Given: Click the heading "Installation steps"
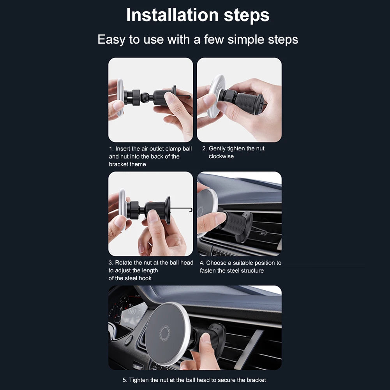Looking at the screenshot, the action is [x=198, y=15].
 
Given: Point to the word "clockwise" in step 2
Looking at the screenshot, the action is [x=221, y=157].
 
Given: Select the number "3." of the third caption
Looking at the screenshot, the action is [x=111, y=263].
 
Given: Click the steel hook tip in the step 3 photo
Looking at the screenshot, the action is [x=191, y=210].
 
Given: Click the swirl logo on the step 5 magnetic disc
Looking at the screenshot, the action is [x=165, y=333].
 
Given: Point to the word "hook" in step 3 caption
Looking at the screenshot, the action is [x=145, y=278].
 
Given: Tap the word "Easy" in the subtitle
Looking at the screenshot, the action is [x=111, y=40].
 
